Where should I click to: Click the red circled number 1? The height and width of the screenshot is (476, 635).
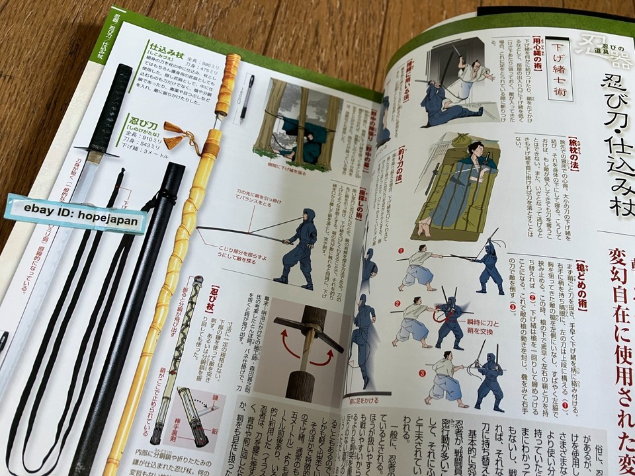coord(401,251)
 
